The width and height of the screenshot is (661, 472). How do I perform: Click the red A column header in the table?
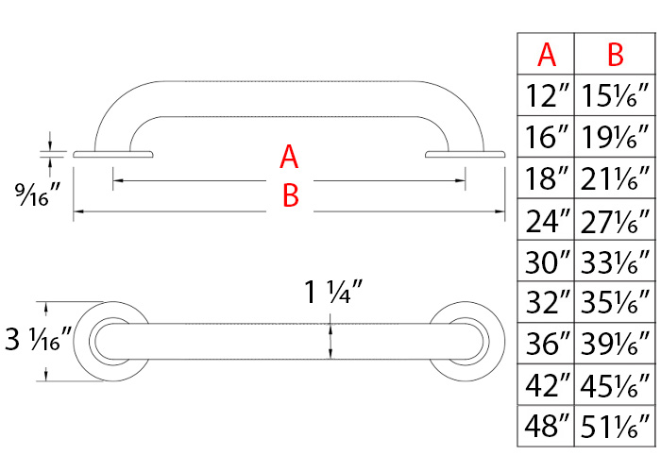(x=547, y=55)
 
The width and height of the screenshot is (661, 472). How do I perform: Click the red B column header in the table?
(x=616, y=55)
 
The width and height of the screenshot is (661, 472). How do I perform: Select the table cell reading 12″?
(x=547, y=96)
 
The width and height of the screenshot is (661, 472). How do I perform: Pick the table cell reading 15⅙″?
(x=616, y=96)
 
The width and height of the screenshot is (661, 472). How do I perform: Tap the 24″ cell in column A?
(x=547, y=221)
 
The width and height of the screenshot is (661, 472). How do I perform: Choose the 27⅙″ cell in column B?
(x=616, y=221)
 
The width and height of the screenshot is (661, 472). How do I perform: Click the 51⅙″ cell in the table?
(x=616, y=426)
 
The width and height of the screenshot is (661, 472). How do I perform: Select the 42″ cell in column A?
(x=547, y=384)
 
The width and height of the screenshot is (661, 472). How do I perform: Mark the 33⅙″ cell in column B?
(x=616, y=261)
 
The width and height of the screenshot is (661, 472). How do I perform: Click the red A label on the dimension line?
(x=290, y=157)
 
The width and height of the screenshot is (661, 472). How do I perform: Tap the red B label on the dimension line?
(x=290, y=196)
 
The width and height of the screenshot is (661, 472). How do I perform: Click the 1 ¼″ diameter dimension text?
(x=330, y=294)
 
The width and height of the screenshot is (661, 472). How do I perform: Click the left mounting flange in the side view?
(x=112, y=153)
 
